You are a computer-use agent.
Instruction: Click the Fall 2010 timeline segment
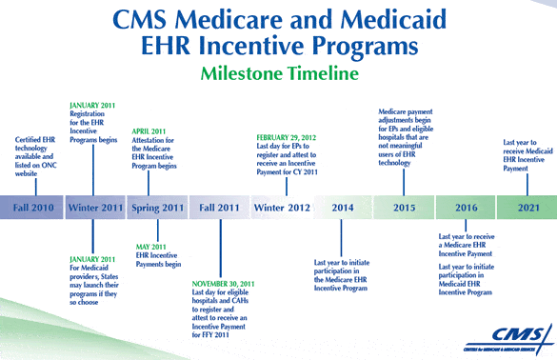click(x=31, y=208)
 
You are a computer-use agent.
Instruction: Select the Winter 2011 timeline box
click(x=95, y=208)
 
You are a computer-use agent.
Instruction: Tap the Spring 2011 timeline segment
click(x=157, y=208)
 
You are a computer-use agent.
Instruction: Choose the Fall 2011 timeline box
click(x=219, y=208)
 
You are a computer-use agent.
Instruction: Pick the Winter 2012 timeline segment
click(x=282, y=208)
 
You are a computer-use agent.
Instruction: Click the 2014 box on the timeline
click(x=343, y=208)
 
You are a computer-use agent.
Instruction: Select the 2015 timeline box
click(x=404, y=208)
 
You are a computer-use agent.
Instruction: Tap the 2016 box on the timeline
click(x=466, y=208)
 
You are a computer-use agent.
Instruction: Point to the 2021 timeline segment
click(x=527, y=208)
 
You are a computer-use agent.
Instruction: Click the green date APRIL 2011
click(x=149, y=131)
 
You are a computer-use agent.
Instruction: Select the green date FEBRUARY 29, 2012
click(x=286, y=137)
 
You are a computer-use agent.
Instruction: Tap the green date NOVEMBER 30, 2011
click(x=223, y=284)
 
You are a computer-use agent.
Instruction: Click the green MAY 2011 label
click(x=150, y=247)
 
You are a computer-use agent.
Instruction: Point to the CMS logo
click(x=509, y=339)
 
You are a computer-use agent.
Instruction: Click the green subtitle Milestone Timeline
click(x=280, y=73)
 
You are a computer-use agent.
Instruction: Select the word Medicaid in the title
click(x=393, y=19)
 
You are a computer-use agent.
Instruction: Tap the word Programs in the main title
click(x=366, y=47)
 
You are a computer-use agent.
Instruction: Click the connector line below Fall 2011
click(x=221, y=248)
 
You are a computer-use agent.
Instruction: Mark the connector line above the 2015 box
click(x=404, y=182)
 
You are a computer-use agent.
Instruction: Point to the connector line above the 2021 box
click(x=527, y=185)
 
